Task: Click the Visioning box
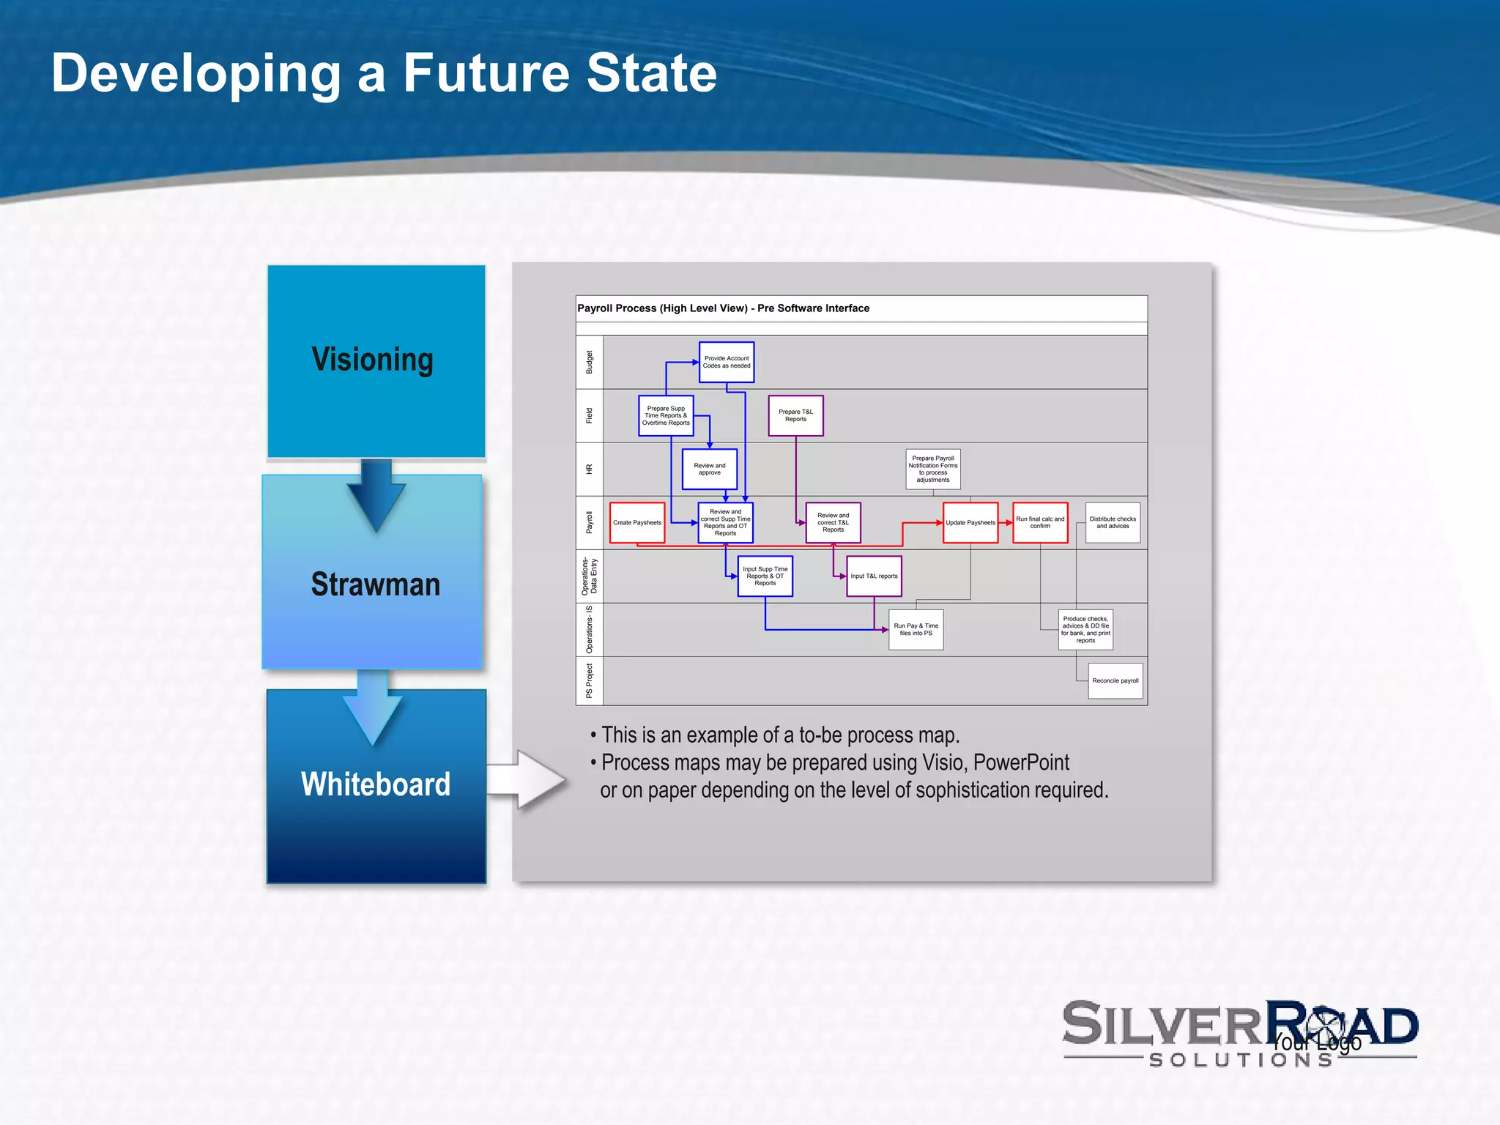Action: click(376, 361)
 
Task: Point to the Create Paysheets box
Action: click(637, 523)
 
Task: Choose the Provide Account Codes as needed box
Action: click(727, 363)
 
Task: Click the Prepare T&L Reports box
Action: click(795, 416)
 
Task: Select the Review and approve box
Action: click(709, 469)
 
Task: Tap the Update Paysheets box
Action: click(970, 523)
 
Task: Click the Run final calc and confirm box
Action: click(1040, 523)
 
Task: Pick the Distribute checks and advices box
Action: click(1113, 523)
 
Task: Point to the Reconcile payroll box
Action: click(1115, 681)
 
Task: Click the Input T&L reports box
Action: click(874, 576)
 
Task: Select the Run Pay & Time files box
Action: click(916, 630)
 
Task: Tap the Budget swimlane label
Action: click(590, 363)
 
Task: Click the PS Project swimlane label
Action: click(590, 681)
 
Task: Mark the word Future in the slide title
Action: click(486, 73)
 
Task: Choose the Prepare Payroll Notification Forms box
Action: click(933, 469)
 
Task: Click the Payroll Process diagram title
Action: click(723, 308)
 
